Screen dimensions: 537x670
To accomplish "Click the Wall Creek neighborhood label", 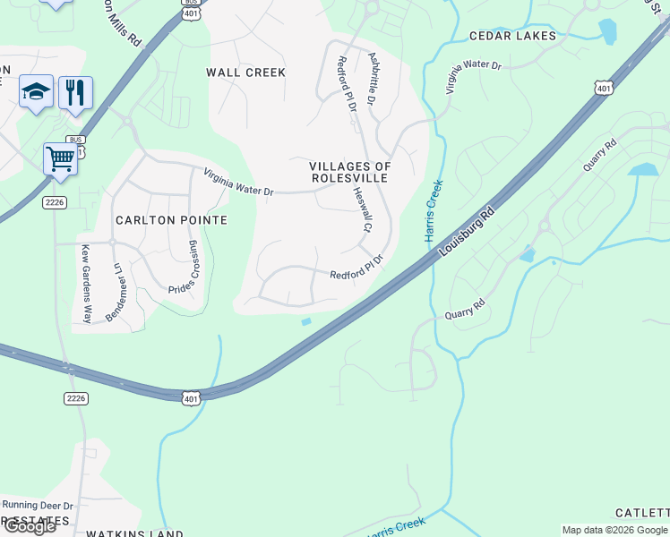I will [245, 72].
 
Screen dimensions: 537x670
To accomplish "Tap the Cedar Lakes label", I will [512, 36].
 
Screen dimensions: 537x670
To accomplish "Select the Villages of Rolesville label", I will [350, 173].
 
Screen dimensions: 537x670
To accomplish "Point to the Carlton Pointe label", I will [171, 220].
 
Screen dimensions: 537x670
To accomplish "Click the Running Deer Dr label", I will [38, 506].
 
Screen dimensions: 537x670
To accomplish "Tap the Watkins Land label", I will [134, 533].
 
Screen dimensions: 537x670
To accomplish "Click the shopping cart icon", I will [60, 159].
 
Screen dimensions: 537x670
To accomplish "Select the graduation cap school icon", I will [36, 91].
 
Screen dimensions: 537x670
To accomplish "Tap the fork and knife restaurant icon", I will [75, 91].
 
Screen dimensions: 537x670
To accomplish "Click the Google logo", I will [29, 525].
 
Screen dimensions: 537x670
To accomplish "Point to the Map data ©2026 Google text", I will [614, 530].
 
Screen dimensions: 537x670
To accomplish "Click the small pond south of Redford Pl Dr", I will [306, 322].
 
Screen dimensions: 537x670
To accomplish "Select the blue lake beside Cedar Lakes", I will [608, 31].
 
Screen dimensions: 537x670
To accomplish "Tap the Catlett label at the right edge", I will [641, 513].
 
